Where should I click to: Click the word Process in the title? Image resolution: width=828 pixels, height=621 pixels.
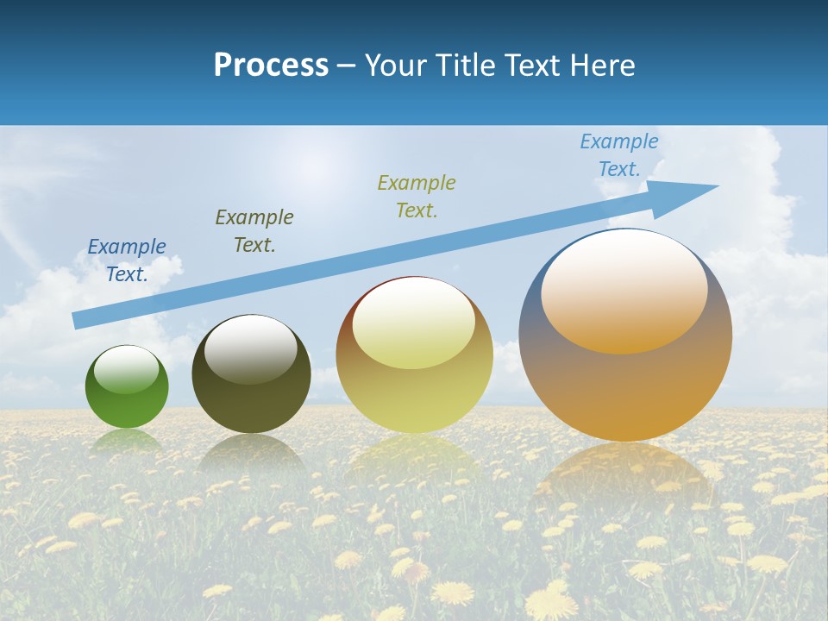(x=271, y=66)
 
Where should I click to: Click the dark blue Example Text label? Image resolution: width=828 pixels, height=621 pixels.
(x=127, y=260)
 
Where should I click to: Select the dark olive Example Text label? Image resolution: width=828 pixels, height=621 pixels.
(x=254, y=230)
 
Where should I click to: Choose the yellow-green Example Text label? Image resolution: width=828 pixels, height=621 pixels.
(x=417, y=196)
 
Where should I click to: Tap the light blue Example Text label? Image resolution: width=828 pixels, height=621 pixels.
(x=619, y=155)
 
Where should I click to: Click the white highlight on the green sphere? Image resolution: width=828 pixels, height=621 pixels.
(x=126, y=370)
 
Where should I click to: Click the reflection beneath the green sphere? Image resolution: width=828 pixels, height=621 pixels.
(x=127, y=441)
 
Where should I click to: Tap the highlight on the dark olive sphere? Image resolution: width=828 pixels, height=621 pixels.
(x=251, y=349)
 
